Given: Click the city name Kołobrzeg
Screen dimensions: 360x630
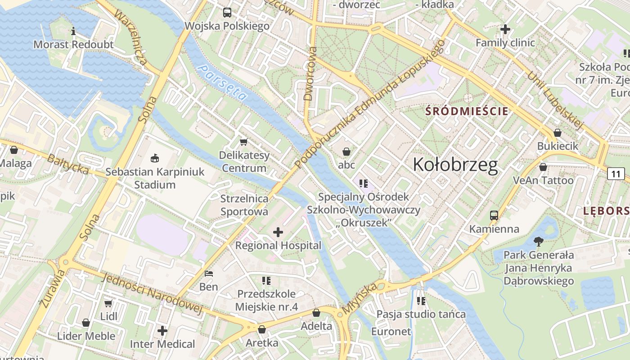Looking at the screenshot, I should point(455,165).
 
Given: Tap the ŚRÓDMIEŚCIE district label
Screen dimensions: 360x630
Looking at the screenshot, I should point(467,111).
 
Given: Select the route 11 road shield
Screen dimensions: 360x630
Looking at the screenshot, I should point(616,174).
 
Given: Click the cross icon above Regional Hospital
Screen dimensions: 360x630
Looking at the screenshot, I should point(278,232).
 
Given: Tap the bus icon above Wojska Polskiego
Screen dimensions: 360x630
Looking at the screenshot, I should point(227,13).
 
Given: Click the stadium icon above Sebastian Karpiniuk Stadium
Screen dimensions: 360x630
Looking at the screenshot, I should point(155,158).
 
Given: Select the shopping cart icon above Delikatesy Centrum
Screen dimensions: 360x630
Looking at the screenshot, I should point(244,142).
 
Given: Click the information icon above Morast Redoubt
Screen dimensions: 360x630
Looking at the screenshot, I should point(73,31).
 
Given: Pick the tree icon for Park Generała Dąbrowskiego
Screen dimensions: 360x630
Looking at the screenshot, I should point(538,242).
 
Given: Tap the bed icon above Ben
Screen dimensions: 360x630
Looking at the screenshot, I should point(208,273).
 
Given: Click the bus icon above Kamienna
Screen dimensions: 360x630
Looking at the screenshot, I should point(494,215).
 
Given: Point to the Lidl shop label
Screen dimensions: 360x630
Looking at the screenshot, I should point(108,316).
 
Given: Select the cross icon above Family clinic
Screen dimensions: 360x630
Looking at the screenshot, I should point(505,30).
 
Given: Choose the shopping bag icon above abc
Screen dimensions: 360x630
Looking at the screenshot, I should point(346,152).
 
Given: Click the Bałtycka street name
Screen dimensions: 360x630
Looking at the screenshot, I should point(68,164).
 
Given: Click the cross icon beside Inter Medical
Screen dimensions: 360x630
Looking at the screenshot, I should point(162,331).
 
